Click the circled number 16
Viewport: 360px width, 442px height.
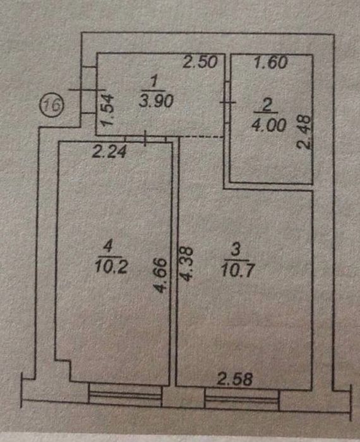pyautogui.click(x=52, y=105)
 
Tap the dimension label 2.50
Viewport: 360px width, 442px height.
pyautogui.click(x=200, y=62)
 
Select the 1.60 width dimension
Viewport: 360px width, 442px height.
pyautogui.click(x=270, y=63)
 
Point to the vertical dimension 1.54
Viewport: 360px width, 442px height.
pyautogui.click(x=108, y=110)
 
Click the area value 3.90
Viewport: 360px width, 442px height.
pyautogui.click(x=156, y=101)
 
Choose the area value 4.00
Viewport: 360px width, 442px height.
pyautogui.click(x=268, y=125)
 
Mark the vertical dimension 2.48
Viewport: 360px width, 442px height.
pyautogui.click(x=304, y=131)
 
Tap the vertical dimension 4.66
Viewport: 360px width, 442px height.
pyautogui.click(x=161, y=276)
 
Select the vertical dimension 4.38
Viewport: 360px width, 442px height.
pyautogui.click(x=186, y=264)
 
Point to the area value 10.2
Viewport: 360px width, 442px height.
pyautogui.click(x=111, y=266)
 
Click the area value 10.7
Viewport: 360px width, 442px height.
pyautogui.click(x=238, y=270)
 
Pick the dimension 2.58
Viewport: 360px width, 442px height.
pyautogui.click(x=234, y=379)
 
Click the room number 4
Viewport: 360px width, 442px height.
pyautogui.click(x=108, y=247)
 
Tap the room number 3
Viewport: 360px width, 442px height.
pyautogui.click(x=236, y=250)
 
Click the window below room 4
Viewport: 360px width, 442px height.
pyautogui.click(x=126, y=395)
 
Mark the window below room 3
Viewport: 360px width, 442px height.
pyautogui.click(x=242, y=399)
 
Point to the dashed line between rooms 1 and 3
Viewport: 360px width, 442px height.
pyautogui.click(x=202, y=137)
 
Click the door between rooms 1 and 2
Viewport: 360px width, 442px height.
pyautogui.click(x=228, y=102)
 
